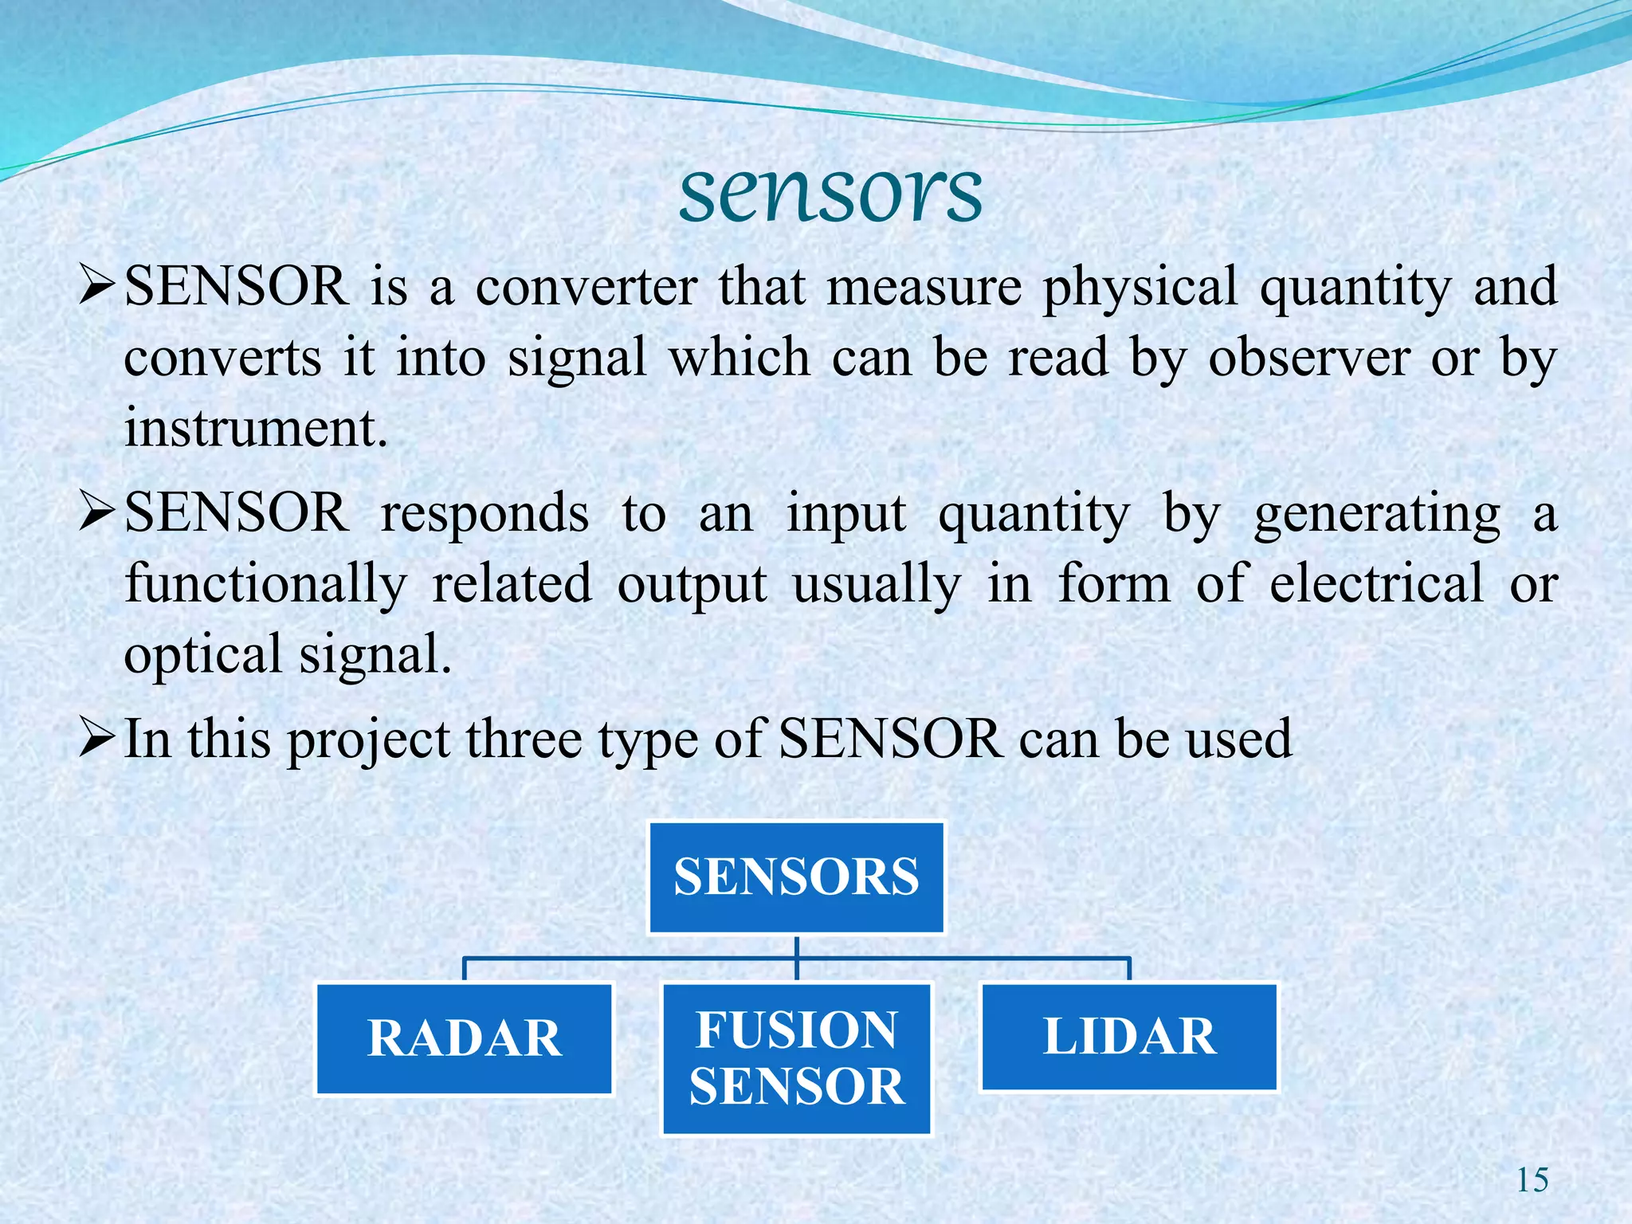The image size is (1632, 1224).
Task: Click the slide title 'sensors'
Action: coord(830,194)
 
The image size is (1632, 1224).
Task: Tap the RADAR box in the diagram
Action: coord(465,1039)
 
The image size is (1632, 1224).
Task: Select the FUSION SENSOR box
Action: coord(797,1058)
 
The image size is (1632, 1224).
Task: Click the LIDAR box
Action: coord(1129,1037)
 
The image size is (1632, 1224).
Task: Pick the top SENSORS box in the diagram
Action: coord(797,877)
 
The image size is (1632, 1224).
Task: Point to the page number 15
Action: coord(1532,1180)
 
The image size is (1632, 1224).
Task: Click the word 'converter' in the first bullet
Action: coord(586,287)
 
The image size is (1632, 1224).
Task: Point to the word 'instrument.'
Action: coord(256,428)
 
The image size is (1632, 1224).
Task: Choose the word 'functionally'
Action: coord(266,584)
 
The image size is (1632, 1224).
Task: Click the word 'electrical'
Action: coord(1377,584)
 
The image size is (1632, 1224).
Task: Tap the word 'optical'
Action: coord(202,655)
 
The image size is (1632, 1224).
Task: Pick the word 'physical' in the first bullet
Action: coord(1140,287)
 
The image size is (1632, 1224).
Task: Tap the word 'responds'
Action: coord(484,514)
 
